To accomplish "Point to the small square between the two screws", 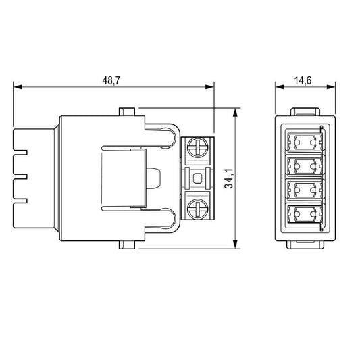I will coord(198,179).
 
